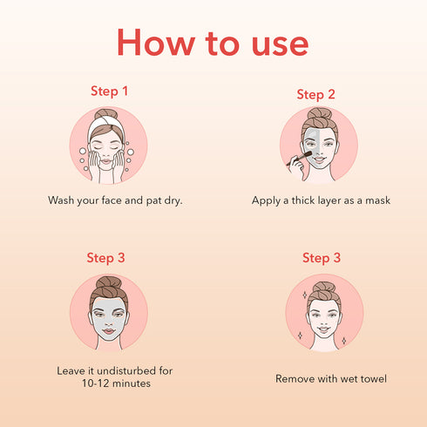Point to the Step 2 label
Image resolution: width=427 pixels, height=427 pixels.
click(x=315, y=94)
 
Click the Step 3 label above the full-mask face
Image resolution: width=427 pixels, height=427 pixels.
click(x=105, y=257)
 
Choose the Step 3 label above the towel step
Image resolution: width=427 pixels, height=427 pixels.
click(x=321, y=258)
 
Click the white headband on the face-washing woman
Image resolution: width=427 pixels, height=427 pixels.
click(x=108, y=125)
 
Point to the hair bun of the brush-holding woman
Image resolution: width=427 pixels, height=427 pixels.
click(x=319, y=115)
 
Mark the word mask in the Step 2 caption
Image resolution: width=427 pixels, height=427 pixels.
click(x=376, y=200)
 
